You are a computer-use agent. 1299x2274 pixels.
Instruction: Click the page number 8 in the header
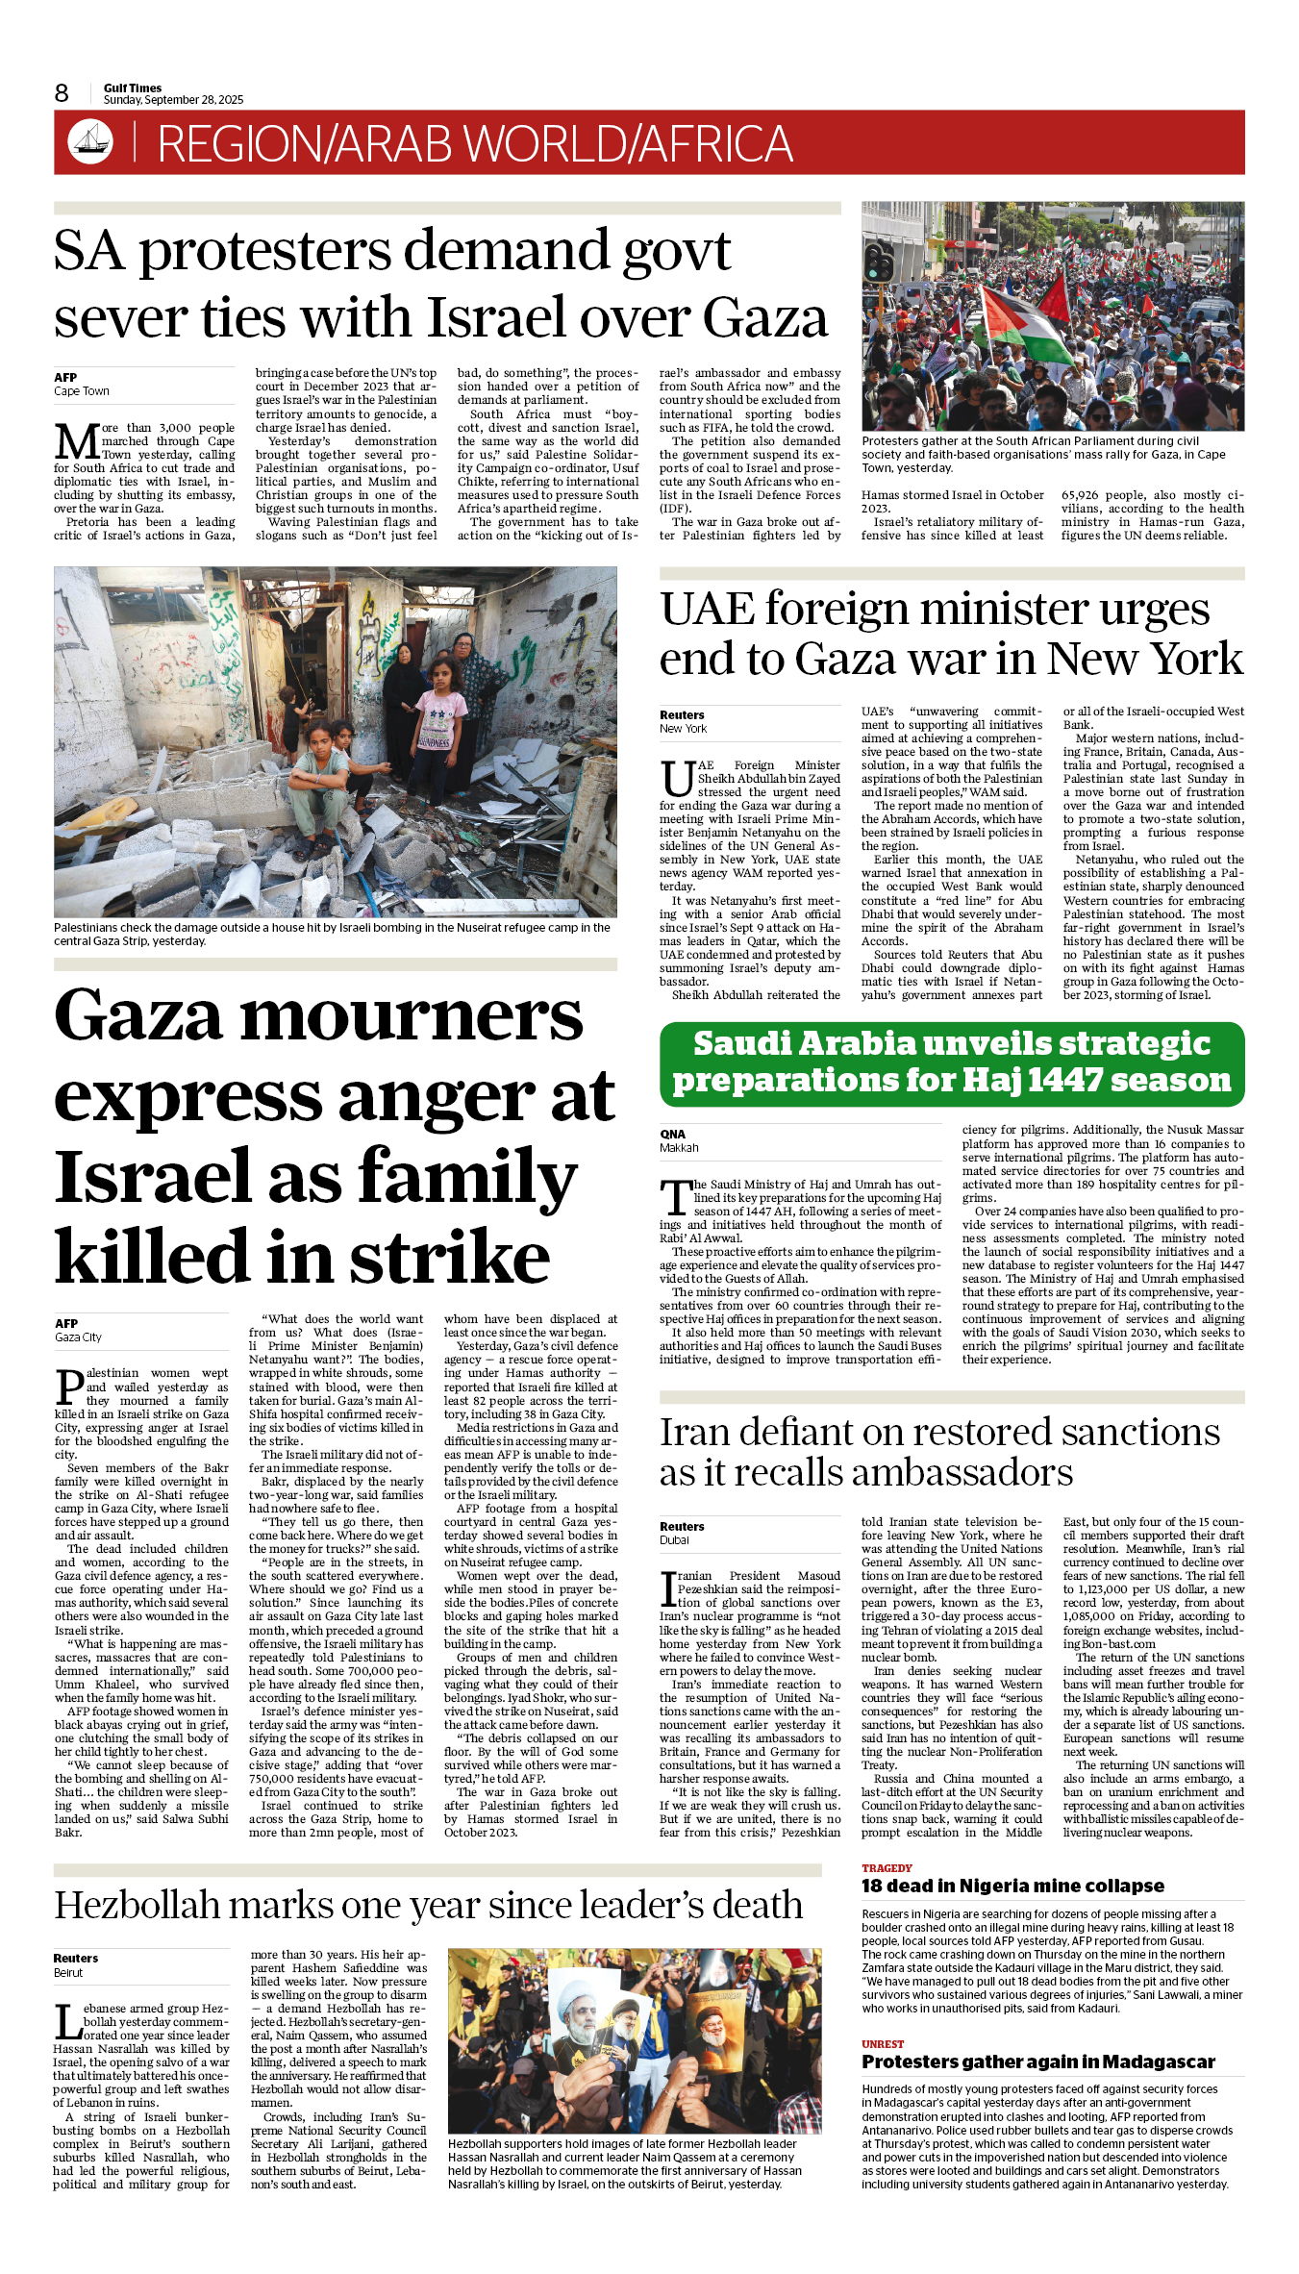click(62, 93)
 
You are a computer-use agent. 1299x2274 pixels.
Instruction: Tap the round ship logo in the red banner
click(90, 142)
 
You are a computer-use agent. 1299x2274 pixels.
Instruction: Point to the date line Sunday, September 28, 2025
click(173, 100)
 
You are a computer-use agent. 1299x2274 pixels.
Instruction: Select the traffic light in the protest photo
click(879, 262)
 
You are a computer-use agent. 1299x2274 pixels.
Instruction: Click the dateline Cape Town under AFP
click(82, 391)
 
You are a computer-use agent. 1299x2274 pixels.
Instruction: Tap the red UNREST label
click(883, 2044)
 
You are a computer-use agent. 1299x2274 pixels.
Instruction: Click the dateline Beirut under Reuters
click(68, 1972)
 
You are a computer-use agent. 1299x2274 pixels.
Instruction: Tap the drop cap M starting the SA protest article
click(76, 442)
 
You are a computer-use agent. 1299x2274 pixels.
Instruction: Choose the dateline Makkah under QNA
click(679, 1148)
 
